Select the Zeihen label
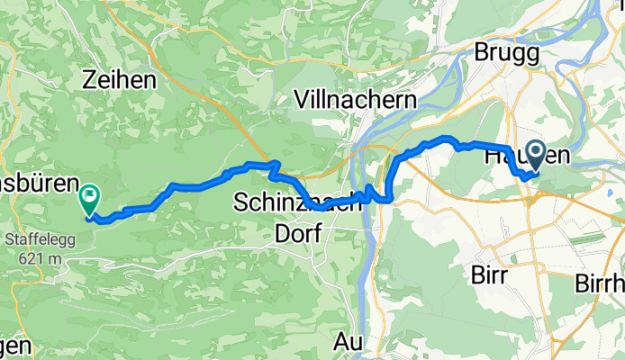(x=117, y=79)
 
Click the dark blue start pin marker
(x=536, y=155)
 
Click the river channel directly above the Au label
(x=360, y=306)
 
